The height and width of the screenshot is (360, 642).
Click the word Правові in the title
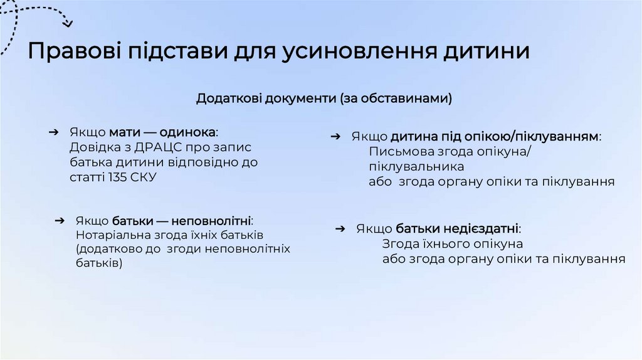pos(72,51)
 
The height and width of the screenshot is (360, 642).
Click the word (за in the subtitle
pos(349,98)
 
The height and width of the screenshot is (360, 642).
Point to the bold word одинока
pos(187,132)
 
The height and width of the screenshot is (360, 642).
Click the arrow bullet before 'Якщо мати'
pos(55,132)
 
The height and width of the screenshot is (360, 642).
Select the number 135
pos(118,177)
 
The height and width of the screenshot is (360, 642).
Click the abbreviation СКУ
pos(144,177)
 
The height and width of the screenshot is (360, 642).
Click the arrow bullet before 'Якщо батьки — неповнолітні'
pos(60,221)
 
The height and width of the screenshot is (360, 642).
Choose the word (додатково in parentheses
pos(107,249)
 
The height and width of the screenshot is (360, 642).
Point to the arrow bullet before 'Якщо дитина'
pos(335,136)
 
